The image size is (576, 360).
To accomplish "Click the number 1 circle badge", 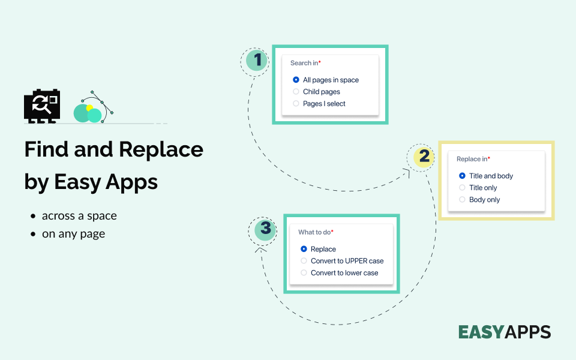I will tap(257, 60).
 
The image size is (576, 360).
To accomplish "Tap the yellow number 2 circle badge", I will tap(424, 157).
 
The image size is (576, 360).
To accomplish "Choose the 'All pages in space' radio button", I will tap(296, 80).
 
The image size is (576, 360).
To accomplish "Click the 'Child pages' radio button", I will tap(296, 92).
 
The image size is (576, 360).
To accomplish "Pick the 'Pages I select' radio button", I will tap(296, 104).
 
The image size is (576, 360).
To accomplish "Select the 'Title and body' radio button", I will tap(462, 176).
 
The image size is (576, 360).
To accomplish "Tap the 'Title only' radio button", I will tap(462, 188).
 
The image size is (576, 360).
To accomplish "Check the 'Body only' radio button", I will tap(462, 200).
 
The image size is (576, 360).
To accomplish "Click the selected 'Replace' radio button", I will tap(304, 249).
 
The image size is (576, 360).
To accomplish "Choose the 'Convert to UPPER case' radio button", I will tap(304, 261).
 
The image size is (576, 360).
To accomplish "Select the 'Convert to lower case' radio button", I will tap(304, 273).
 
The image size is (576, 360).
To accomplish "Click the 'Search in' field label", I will tap(305, 63).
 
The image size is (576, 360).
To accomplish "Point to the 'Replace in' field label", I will tap(472, 159).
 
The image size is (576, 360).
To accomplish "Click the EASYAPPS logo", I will tap(504, 332).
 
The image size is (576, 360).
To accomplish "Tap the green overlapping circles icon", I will tap(88, 112).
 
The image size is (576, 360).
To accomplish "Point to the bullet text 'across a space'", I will tap(79, 216).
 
